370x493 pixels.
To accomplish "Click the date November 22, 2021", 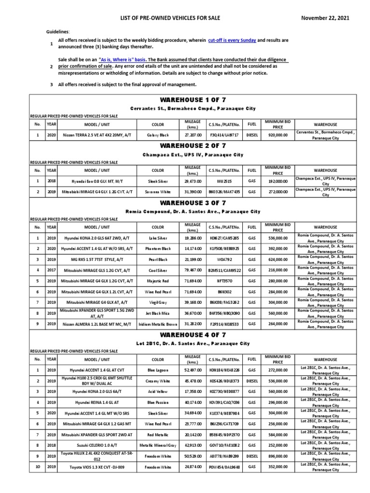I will pos(325,18).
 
